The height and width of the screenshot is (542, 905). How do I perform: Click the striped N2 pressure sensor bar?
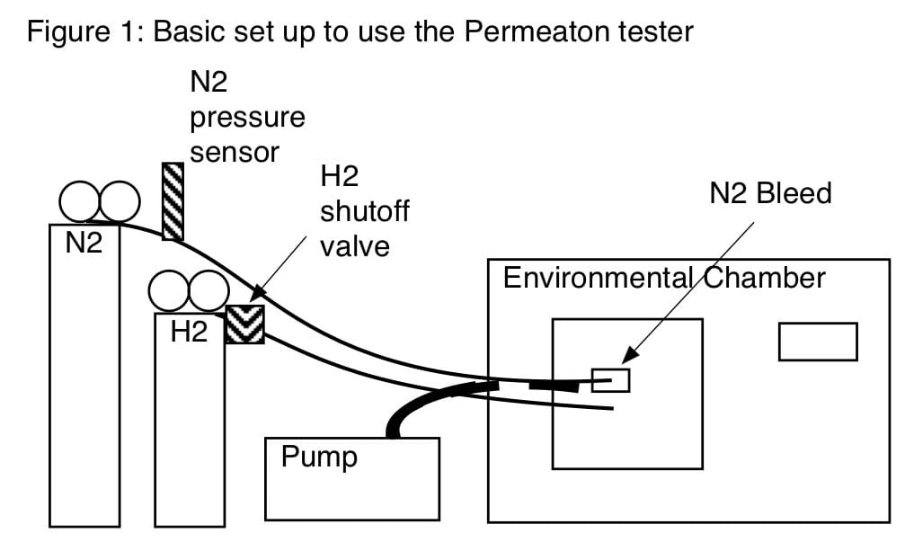(173, 201)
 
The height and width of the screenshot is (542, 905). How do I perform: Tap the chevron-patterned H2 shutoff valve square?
(244, 324)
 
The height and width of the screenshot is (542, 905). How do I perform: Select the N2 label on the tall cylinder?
(84, 243)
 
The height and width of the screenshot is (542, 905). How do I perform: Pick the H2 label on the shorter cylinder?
(189, 332)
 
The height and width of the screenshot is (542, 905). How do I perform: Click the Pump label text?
(319, 458)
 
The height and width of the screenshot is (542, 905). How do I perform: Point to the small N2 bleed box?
(610, 380)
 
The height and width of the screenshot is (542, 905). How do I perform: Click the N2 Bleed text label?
(770, 192)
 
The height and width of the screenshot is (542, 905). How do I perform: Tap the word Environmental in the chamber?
(598, 278)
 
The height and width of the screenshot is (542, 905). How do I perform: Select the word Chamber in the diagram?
(764, 278)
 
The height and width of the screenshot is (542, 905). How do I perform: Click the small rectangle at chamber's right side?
(818, 342)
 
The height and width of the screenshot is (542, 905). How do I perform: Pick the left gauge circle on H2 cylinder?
(169, 271)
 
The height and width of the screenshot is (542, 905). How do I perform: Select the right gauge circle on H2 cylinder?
(209, 271)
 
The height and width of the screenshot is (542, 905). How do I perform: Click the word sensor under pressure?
(235, 154)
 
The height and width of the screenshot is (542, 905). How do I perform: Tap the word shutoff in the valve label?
(365, 211)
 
